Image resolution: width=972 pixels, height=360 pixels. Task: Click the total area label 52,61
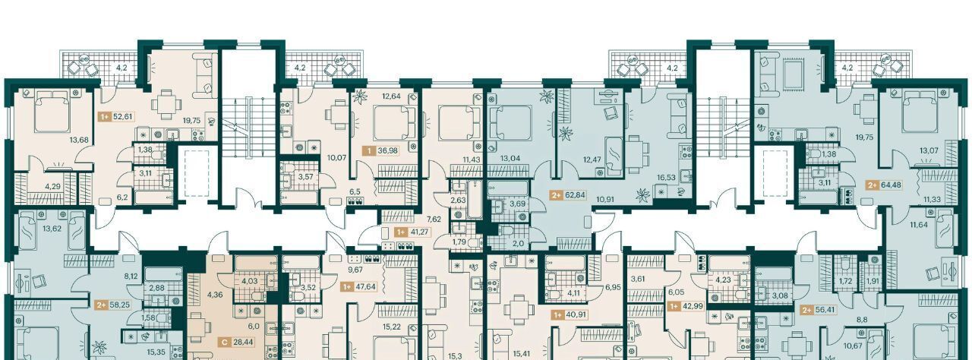click(x=123, y=116)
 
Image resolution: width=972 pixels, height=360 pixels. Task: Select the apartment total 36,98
click(x=388, y=150)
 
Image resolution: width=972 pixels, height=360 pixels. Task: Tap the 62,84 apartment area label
click(x=575, y=194)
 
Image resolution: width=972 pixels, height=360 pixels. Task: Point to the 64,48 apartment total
click(x=891, y=185)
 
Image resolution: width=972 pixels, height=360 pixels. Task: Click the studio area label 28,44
click(x=244, y=343)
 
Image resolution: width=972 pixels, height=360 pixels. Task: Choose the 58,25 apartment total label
click(x=120, y=305)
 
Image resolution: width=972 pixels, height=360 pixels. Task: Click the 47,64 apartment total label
click(x=366, y=286)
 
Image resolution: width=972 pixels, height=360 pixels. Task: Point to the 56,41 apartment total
click(x=825, y=310)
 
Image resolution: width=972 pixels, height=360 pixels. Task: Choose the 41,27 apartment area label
click(x=418, y=232)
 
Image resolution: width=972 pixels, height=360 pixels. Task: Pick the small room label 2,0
click(x=519, y=244)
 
